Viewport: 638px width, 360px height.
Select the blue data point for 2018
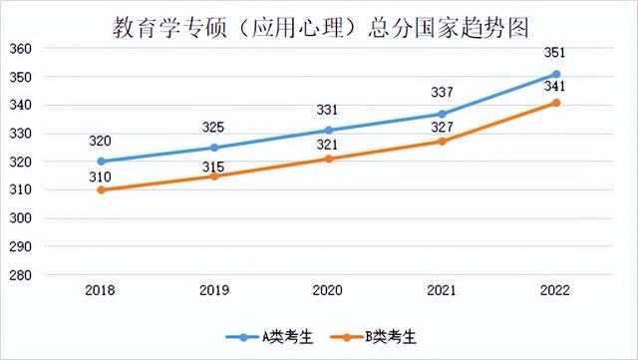coord(101,162)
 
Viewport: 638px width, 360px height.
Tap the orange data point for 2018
coord(101,189)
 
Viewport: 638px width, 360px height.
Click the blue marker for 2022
coord(556,74)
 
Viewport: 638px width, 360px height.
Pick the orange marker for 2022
coord(556,103)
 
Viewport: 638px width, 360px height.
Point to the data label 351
coord(556,55)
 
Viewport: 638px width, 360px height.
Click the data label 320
coord(101,142)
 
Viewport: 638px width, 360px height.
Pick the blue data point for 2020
coord(329,131)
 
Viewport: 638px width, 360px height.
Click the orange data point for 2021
coord(443,142)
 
